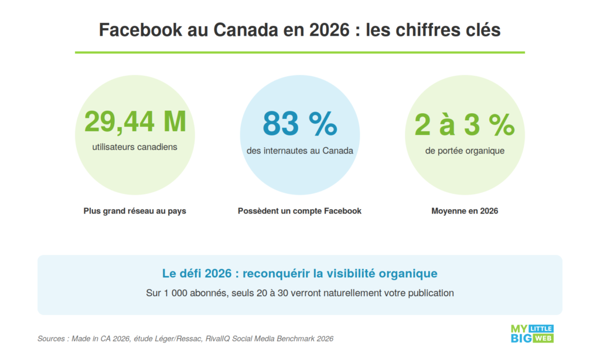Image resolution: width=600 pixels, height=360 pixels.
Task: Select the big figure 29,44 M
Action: click(135, 122)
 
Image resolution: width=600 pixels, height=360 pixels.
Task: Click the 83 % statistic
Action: click(299, 123)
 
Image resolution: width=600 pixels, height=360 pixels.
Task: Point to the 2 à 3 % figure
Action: click(464, 124)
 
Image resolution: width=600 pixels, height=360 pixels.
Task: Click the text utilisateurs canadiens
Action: click(135, 147)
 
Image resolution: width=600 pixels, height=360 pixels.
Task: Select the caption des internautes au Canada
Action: click(299, 151)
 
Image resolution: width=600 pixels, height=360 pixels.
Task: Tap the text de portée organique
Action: click(465, 151)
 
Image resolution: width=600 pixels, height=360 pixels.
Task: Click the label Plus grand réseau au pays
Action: click(135, 211)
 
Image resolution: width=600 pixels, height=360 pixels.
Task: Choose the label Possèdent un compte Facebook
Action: click(299, 211)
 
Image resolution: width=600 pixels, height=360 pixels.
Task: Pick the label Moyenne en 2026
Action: click(465, 211)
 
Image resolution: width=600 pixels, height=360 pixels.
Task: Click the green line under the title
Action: click(299, 53)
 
